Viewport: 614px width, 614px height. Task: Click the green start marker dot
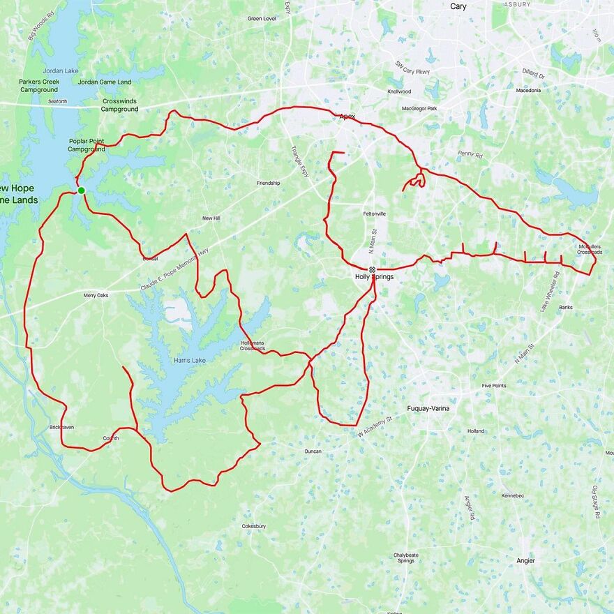(x=81, y=190)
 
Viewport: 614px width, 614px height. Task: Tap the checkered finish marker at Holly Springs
(x=372, y=269)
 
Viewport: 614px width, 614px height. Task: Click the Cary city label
(x=458, y=6)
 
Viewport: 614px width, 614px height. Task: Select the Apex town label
(x=347, y=117)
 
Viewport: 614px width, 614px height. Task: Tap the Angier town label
(x=525, y=561)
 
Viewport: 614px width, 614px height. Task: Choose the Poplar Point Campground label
(x=87, y=145)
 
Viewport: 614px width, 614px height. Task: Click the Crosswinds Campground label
(x=120, y=105)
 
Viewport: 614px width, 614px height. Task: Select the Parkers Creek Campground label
(x=39, y=86)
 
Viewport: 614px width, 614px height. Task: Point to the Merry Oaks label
(x=96, y=295)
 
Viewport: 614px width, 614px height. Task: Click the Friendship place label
(x=268, y=183)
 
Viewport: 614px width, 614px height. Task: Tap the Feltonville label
(x=375, y=214)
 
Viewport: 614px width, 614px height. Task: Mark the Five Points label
(x=494, y=385)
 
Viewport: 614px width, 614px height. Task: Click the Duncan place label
(x=313, y=451)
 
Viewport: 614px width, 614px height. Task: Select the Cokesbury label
(x=253, y=526)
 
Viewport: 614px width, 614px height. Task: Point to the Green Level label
(x=262, y=19)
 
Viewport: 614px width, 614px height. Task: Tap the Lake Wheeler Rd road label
(x=551, y=292)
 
